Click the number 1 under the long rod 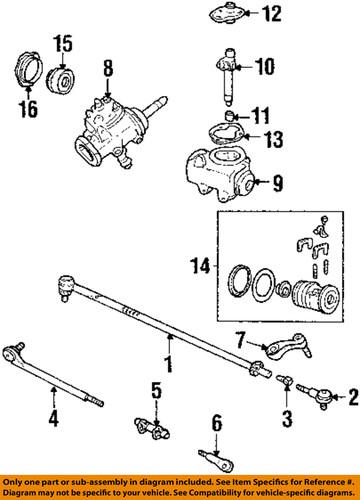[168, 368]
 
